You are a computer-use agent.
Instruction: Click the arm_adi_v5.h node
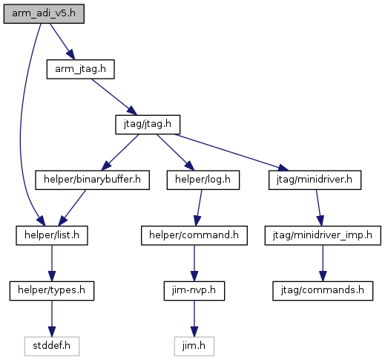(x=44, y=14)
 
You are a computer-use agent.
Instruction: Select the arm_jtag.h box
(x=81, y=69)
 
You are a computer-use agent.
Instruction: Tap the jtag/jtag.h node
(x=148, y=125)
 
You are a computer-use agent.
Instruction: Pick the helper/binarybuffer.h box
(x=92, y=180)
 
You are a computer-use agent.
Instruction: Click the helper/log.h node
(x=203, y=180)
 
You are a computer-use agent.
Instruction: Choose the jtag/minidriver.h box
(x=315, y=180)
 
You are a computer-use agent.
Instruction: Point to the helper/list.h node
(x=52, y=235)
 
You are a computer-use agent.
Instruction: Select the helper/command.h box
(x=194, y=235)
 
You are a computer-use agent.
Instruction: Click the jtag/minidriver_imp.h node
(x=323, y=235)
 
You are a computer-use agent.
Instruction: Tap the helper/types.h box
(x=52, y=291)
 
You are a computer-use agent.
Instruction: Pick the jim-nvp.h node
(x=194, y=291)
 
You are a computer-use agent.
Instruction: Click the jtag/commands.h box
(x=323, y=291)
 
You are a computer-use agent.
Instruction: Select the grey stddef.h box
(x=52, y=347)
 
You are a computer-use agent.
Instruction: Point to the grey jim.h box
(x=194, y=347)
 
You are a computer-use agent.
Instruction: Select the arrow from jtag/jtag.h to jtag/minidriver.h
(x=231, y=152)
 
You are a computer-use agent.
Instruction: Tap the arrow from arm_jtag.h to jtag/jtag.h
(x=114, y=97)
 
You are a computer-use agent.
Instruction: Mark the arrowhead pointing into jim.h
(x=194, y=332)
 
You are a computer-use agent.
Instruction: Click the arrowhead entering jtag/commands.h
(x=323, y=276)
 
